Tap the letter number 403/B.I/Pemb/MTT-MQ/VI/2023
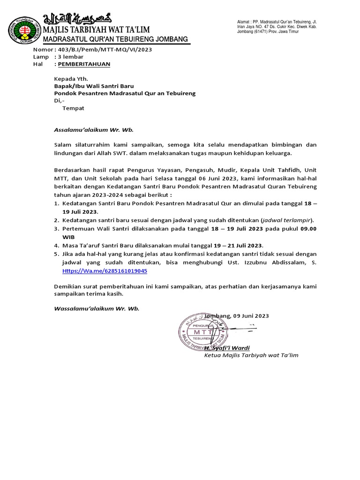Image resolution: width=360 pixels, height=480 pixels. tap(103, 49)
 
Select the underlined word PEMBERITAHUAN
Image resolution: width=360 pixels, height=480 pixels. tap(83, 64)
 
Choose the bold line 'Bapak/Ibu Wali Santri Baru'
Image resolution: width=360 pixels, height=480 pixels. tap(94, 86)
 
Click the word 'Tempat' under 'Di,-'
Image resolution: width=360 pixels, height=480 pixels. tap(73, 108)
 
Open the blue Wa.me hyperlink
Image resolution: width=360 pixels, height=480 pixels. tap(105, 271)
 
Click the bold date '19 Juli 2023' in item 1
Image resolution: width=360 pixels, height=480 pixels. tap(77, 212)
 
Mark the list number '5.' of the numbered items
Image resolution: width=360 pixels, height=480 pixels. tap(56, 254)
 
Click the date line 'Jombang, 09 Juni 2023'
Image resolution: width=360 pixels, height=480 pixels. tap(236, 316)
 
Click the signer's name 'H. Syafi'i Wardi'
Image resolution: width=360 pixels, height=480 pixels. tap(227, 348)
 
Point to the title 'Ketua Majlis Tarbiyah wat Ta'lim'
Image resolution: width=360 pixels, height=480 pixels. tap(251, 355)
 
